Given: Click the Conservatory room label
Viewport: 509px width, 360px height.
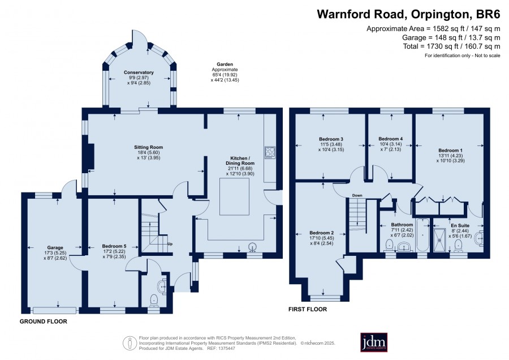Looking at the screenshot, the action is pos(139,72).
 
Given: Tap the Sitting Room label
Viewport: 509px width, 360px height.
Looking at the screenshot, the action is pos(148,147).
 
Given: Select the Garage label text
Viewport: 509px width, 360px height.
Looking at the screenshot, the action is pos(55,247).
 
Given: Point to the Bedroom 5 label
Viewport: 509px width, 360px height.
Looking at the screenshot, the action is pos(114,246).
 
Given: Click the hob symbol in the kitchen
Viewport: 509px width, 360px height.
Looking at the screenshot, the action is pos(270,153).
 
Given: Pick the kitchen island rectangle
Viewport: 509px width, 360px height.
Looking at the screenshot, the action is pos(234,196).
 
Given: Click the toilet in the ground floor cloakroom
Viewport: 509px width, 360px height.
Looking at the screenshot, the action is pos(153,300).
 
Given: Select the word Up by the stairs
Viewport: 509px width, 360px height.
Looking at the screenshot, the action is pos(170,244).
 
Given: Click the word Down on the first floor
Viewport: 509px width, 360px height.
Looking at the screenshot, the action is pos(357,195).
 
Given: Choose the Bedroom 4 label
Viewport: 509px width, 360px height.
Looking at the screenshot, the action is pos(390,139).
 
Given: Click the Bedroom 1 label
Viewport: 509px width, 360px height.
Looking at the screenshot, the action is pos(450,151).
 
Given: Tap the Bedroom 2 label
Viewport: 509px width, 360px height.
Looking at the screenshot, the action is pos(321,233).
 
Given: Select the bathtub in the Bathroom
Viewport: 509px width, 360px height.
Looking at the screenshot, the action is pos(422,235).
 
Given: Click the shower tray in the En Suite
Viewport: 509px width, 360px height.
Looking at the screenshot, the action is pos(440,239).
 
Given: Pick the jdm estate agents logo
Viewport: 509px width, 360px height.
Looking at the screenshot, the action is pos(374,342).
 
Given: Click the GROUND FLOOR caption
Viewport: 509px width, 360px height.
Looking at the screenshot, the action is pos(44,322).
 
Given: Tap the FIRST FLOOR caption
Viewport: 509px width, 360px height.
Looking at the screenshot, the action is pos(308,309).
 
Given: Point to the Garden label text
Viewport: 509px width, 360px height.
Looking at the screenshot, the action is pos(225,65).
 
